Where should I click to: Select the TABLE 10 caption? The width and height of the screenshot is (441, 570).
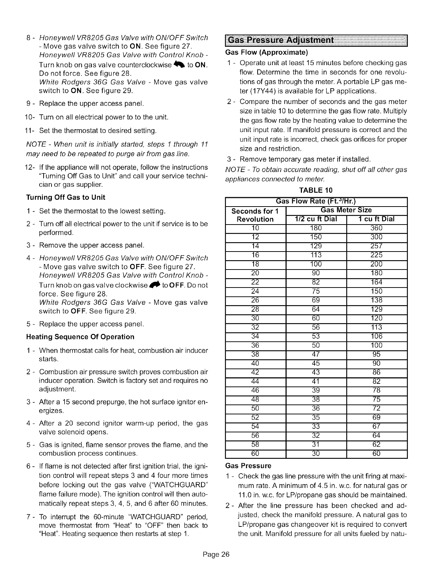click(316, 190)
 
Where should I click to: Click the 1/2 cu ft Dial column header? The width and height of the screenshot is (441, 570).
click(316, 219)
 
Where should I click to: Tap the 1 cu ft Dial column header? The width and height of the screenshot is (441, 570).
click(377, 219)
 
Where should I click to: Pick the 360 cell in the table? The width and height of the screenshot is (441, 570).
click(377, 228)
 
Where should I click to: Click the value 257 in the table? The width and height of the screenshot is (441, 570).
click(377, 246)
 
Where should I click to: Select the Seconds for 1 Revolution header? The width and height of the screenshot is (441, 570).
click(255, 215)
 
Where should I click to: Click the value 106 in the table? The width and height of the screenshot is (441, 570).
click(377, 336)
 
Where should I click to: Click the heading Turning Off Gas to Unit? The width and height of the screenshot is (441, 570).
click(66, 197)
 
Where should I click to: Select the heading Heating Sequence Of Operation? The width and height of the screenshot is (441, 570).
click(80, 337)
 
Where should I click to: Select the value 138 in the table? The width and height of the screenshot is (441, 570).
click(377, 300)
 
